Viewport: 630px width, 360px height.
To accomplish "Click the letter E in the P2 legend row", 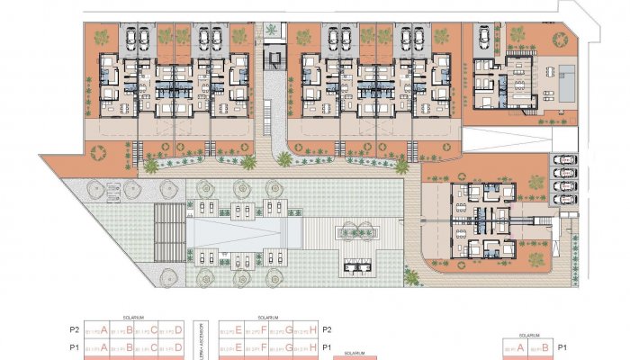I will click(x=238, y=330).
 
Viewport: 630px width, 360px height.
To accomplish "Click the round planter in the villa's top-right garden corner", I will click(x=519, y=36).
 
